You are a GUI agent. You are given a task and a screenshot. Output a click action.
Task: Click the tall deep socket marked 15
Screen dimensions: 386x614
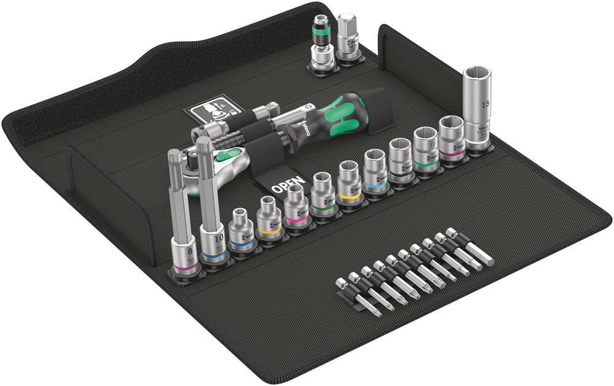(x=480, y=111)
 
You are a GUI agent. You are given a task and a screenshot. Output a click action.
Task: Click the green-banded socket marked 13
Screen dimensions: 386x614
(x=427, y=148)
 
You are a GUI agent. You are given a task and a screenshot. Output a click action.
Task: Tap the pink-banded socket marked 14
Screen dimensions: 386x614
(x=453, y=139)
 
